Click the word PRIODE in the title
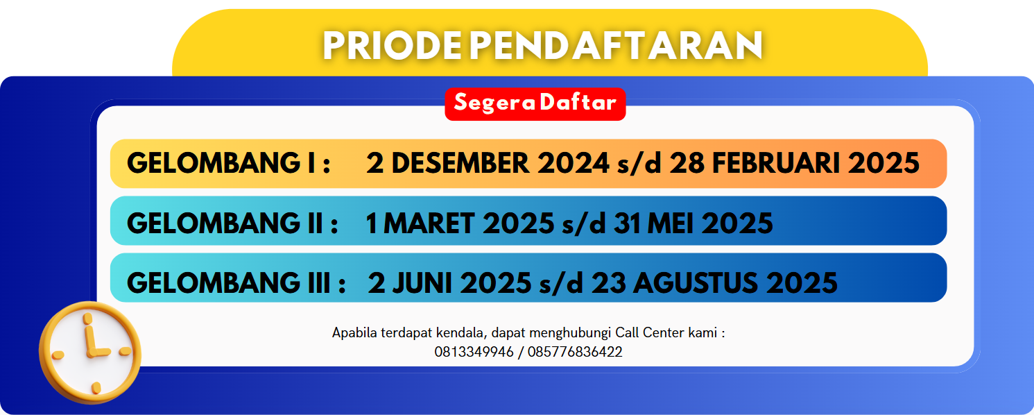pyautogui.click(x=393, y=46)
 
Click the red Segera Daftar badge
pyautogui.click(x=535, y=104)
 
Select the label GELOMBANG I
pyautogui.click(x=222, y=163)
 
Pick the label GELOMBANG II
pyautogui.click(x=225, y=223)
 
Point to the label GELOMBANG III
pyautogui.click(x=229, y=283)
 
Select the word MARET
pyautogui.click(x=429, y=223)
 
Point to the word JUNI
pyautogui.click(x=422, y=283)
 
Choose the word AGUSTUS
pyautogui.click(x=696, y=283)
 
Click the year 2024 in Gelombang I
pyautogui.click(x=574, y=163)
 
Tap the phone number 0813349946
pyautogui.click(x=474, y=352)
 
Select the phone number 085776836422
pyautogui.click(x=575, y=352)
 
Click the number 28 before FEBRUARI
pyautogui.click(x=687, y=163)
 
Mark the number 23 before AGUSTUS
pyautogui.click(x=608, y=283)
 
